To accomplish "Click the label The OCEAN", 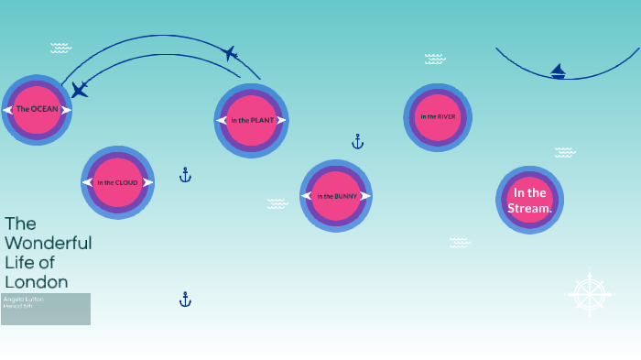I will [x=37, y=109].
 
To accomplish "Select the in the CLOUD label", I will [x=118, y=182].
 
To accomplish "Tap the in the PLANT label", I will [x=252, y=120].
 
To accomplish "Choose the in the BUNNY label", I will [x=336, y=196].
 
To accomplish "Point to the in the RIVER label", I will [x=438, y=116].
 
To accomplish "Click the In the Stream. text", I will [x=530, y=201].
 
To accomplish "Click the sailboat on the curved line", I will [x=558, y=71].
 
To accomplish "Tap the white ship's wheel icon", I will [x=590, y=295].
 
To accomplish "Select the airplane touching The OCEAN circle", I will [x=80, y=90].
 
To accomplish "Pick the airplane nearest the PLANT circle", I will [x=230, y=54].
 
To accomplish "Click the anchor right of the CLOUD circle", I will [x=185, y=174].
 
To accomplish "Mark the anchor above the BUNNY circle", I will [x=358, y=141].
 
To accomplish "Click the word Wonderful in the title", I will [x=49, y=243].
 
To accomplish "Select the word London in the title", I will [x=37, y=281].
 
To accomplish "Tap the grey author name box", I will [x=46, y=309].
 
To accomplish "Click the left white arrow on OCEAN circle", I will [x=9, y=110].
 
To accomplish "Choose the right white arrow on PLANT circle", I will [x=281, y=120].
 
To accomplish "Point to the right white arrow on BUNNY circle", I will [x=365, y=196].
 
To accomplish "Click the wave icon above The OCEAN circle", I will [x=60, y=48].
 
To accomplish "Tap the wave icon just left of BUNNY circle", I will [x=277, y=203].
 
